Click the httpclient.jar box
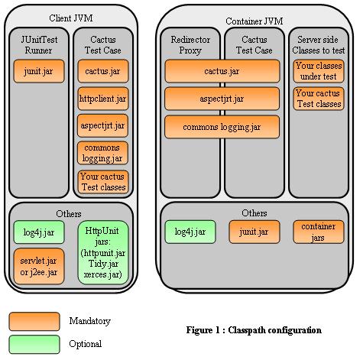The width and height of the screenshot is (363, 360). coord(103,99)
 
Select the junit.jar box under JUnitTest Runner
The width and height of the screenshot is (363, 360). coord(39,71)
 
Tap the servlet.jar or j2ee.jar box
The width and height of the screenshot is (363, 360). coord(39,266)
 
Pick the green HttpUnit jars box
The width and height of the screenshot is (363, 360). coord(103,252)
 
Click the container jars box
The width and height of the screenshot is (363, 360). coord(319,232)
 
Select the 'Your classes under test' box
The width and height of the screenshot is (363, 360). coord(319,71)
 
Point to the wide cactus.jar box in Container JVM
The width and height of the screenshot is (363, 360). coord(222,71)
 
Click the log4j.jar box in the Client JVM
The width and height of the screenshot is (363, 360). coord(39,232)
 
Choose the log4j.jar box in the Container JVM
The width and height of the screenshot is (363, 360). coord(190,232)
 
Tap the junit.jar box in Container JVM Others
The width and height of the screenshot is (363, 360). coord(254,232)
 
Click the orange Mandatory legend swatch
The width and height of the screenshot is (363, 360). coord(34,322)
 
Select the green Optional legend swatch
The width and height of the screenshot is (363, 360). coord(34,345)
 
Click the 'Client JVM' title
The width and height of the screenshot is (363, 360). coord(71,18)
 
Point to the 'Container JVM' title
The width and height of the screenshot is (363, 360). coord(254,21)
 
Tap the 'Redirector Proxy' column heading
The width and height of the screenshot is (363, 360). coord(190,45)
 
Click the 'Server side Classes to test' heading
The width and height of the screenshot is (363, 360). coord(319,45)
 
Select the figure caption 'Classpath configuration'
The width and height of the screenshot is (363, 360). coord(275,330)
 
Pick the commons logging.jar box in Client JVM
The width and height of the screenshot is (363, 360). coord(102,153)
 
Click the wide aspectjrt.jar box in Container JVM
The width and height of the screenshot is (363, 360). coord(222,99)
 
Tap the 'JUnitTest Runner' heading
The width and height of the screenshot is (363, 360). coord(39,45)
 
